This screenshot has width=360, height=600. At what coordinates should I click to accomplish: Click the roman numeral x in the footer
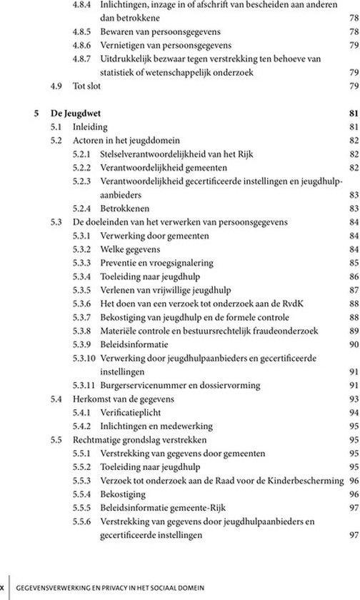pyautogui.click(x=3, y=586)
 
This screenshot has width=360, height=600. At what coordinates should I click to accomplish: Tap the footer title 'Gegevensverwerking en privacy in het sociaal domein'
pyautogui.click(x=111, y=586)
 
